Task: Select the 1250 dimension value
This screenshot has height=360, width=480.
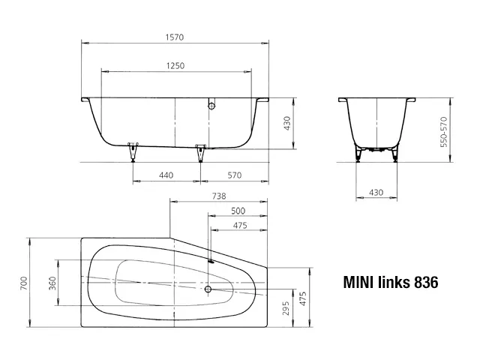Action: [175, 66]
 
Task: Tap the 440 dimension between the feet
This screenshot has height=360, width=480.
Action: [166, 175]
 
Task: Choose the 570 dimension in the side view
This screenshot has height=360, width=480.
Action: [234, 175]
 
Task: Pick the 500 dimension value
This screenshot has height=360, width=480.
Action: [238, 211]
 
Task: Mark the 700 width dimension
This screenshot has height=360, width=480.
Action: [23, 283]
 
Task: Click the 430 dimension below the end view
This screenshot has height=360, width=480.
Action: [376, 193]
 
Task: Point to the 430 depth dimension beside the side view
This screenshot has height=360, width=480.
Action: [286, 124]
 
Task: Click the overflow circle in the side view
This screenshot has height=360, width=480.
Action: [211, 106]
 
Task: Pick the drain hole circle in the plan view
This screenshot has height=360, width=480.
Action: [208, 288]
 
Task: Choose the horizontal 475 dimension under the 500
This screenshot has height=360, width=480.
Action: [238, 226]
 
